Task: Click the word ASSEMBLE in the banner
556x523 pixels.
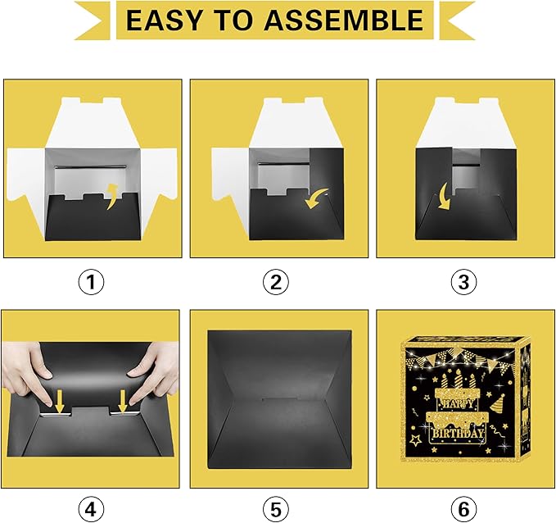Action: [x=344, y=20]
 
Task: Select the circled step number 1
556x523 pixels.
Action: [x=91, y=282]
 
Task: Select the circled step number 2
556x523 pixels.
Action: [x=276, y=282]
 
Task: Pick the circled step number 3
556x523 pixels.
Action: [x=463, y=282]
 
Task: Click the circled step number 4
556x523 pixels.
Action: [x=91, y=510]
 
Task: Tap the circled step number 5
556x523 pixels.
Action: [x=276, y=510]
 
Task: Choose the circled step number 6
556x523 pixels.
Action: [x=463, y=510]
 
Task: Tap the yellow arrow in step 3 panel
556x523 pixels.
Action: [x=443, y=199]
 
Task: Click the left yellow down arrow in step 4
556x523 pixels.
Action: [x=59, y=402]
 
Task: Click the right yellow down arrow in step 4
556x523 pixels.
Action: [x=122, y=402]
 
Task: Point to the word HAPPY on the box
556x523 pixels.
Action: [x=458, y=403]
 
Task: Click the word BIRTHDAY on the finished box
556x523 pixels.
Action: [x=458, y=433]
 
